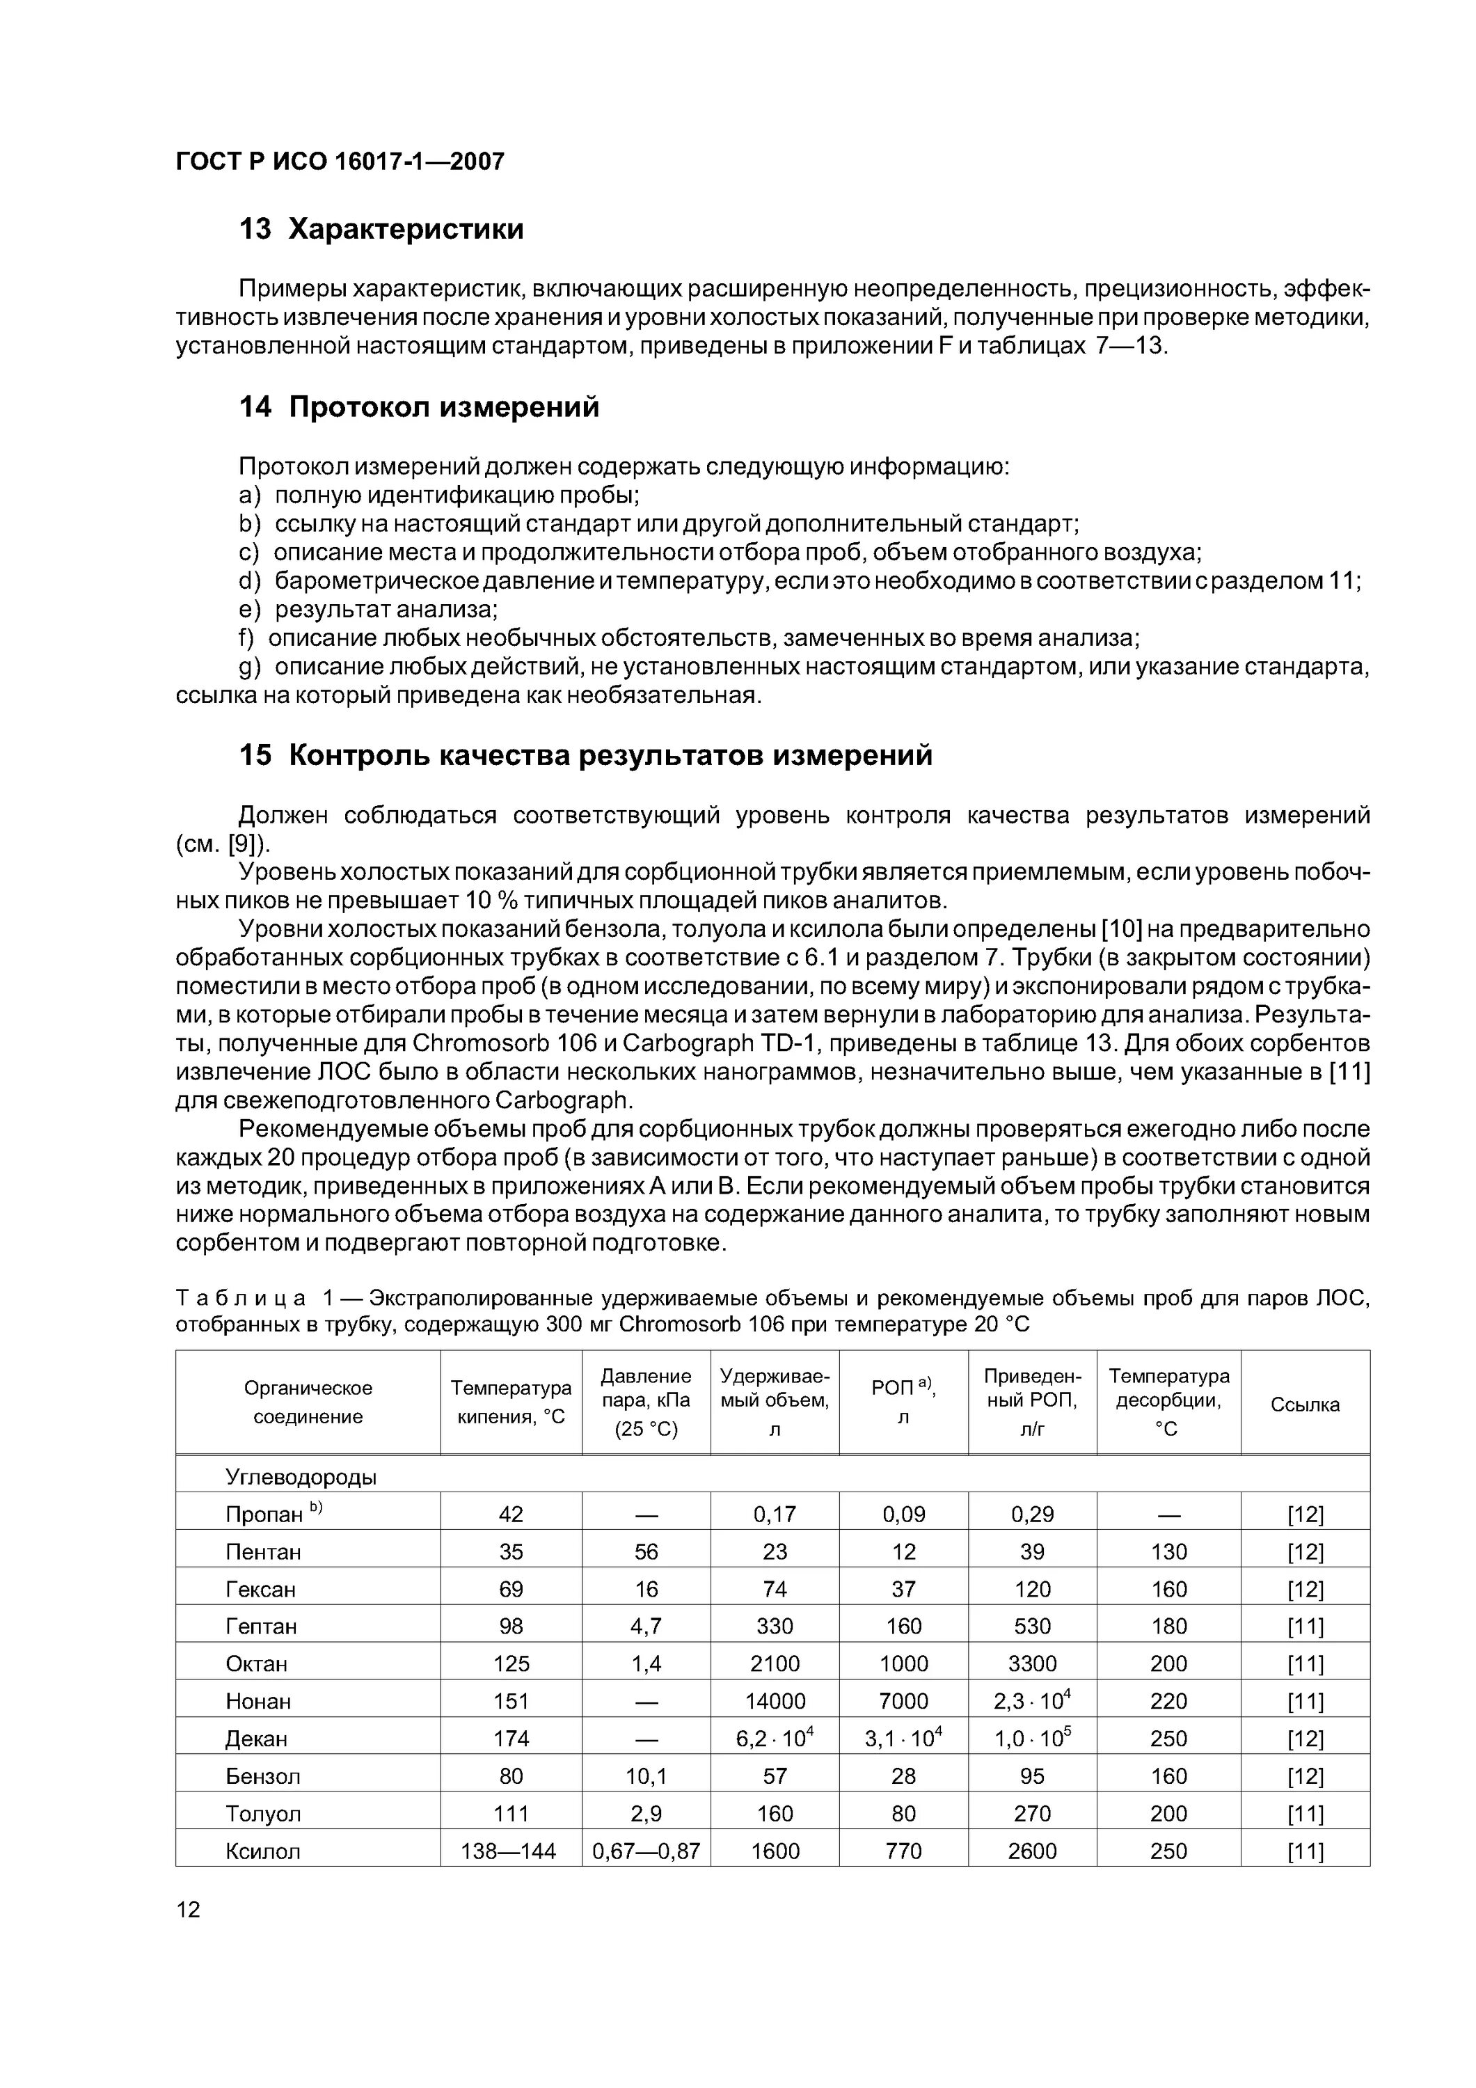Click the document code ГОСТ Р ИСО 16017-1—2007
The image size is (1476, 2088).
pyautogui.click(x=339, y=162)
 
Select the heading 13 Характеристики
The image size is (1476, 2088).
pyautogui.click(x=381, y=229)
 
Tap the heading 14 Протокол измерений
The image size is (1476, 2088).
pyautogui.click(x=419, y=406)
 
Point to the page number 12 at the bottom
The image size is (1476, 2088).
pyautogui.click(x=189, y=1909)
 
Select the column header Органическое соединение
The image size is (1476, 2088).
pyautogui.click(x=308, y=1402)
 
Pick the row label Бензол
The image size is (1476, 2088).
pyautogui.click(x=263, y=1776)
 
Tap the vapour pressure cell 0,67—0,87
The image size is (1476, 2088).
pyautogui.click(x=646, y=1851)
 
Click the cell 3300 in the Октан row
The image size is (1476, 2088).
pyautogui.click(x=1031, y=1664)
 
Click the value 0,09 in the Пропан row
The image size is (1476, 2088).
pyautogui.click(x=903, y=1514)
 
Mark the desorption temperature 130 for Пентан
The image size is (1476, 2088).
pyautogui.click(x=1168, y=1551)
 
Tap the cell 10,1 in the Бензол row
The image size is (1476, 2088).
pyautogui.click(x=646, y=1776)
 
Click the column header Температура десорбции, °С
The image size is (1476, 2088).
pyautogui.click(x=1168, y=1402)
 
